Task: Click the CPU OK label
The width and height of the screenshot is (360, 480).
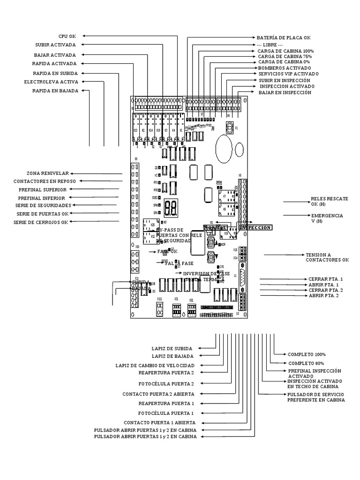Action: tap(67, 36)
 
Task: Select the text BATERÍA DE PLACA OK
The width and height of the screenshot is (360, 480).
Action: tap(283, 37)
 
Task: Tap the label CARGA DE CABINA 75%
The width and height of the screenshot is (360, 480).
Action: tap(285, 56)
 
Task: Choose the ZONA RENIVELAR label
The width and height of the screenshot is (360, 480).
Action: tap(47, 173)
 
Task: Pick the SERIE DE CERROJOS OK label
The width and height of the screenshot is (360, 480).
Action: tap(41, 222)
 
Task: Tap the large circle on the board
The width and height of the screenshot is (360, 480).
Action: tap(223, 148)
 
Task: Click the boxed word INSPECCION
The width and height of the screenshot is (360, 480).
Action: tap(255, 227)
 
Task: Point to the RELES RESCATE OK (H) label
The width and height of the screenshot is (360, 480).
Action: tap(329, 202)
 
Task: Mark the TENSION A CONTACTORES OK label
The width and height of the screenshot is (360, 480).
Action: tap(327, 257)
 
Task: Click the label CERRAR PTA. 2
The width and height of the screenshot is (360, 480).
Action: tap(325, 290)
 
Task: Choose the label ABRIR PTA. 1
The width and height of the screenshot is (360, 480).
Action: tap(323, 285)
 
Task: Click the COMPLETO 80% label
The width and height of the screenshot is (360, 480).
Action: tap(306, 363)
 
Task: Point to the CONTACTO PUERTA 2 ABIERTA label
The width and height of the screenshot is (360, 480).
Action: tap(158, 394)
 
